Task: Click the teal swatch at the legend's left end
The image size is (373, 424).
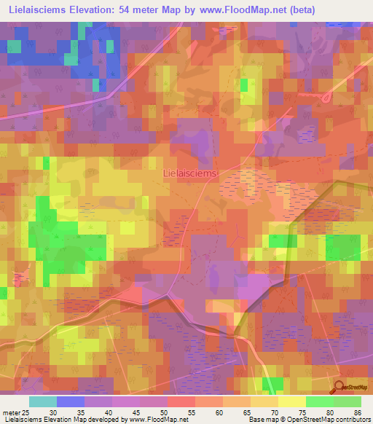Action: coord(43,401)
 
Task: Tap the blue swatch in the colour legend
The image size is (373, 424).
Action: coord(71,401)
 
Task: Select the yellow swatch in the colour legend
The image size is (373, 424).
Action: coord(291,401)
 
